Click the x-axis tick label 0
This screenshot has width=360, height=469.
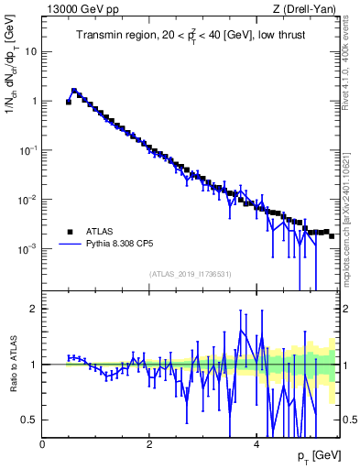[x=42, y=445]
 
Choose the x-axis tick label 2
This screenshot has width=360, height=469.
[x=149, y=445]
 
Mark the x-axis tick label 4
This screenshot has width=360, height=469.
[x=256, y=445]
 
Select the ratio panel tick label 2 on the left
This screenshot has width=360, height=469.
[x=34, y=309]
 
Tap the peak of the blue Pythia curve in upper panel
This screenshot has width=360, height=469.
[x=74, y=91]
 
